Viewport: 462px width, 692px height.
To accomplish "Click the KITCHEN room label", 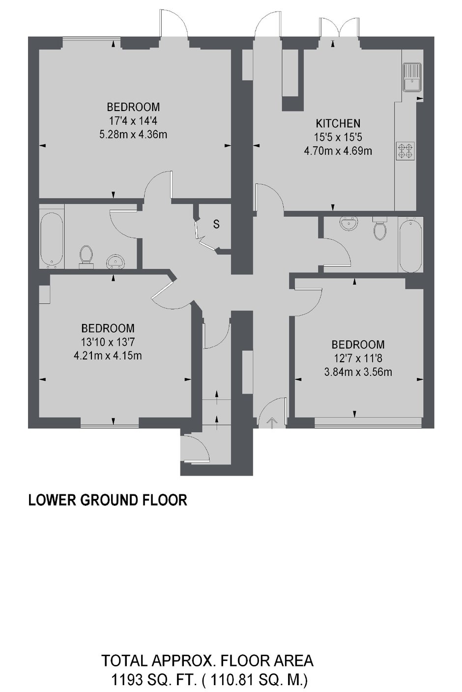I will click(x=338, y=123).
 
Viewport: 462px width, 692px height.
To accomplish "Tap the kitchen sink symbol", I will click(x=411, y=78).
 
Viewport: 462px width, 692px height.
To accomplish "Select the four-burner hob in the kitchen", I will click(x=406, y=151).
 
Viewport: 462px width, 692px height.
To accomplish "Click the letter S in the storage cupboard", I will click(x=216, y=224).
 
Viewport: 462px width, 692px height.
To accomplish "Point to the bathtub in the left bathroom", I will click(x=51, y=238).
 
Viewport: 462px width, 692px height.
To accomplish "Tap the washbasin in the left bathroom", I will click(x=116, y=260).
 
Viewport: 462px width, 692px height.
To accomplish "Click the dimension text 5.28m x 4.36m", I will click(x=133, y=134).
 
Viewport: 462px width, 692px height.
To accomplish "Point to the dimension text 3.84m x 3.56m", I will click(x=358, y=372).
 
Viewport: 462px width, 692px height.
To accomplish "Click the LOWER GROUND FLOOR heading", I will click(x=108, y=500).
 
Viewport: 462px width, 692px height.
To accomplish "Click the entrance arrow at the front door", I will click(x=272, y=422).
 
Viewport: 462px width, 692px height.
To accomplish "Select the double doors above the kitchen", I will click(x=339, y=29).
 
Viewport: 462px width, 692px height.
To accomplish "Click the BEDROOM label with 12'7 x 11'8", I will click(x=358, y=345).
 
